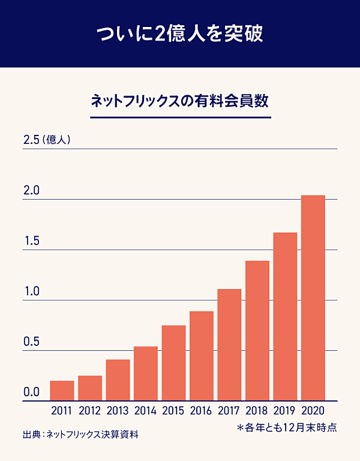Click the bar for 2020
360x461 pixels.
tap(313, 297)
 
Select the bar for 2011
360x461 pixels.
tap(62, 390)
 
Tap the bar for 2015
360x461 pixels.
tap(173, 363)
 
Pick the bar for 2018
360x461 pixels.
tap(257, 330)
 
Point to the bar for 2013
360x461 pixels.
tap(118, 379)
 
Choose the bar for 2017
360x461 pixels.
tap(229, 345)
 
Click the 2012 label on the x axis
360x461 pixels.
tap(90, 411)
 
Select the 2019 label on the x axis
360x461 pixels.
tap(285, 411)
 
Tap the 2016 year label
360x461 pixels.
tap(202, 411)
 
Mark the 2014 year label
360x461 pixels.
tap(146, 411)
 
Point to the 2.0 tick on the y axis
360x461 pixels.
tap(31, 191)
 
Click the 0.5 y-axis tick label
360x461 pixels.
tap(31, 342)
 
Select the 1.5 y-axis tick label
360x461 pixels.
tap(31, 242)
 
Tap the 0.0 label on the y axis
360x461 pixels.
tap(31, 393)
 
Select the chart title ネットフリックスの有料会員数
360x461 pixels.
tap(179, 100)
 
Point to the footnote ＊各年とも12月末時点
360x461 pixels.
tap(286, 427)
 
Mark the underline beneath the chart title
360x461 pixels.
tap(179, 116)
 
